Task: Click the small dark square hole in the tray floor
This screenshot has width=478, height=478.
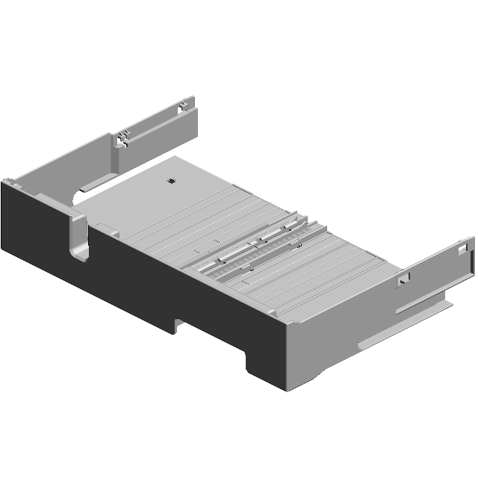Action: tap(171, 181)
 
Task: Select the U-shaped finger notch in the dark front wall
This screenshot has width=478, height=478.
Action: tap(78, 238)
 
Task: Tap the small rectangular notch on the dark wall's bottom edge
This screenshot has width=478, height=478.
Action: tap(180, 323)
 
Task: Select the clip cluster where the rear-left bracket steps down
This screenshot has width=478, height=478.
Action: tap(123, 138)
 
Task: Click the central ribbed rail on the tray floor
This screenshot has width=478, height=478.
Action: tap(261, 246)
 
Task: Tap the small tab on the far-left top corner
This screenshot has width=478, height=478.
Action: tap(7, 180)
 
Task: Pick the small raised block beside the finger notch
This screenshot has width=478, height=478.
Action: tap(105, 228)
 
